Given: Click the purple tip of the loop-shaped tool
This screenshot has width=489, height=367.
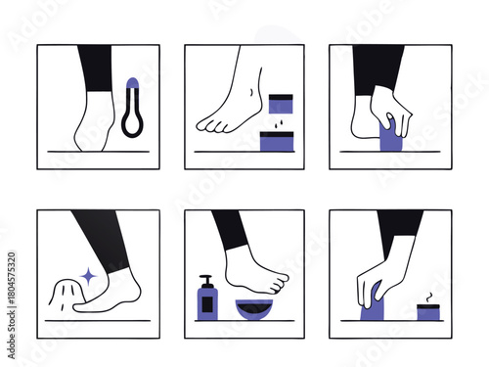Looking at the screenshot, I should click(132, 86).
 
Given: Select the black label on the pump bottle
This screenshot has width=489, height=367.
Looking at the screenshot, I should click(207, 303).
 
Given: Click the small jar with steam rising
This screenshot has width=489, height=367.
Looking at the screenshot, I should click(427, 311).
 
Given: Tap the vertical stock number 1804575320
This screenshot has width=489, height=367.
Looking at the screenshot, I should click(11, 294).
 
